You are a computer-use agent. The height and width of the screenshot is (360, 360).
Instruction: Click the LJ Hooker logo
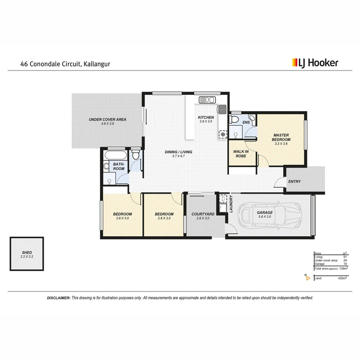click(x=315, y=63)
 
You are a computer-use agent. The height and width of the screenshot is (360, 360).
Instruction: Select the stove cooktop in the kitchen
click(x=222, y=108)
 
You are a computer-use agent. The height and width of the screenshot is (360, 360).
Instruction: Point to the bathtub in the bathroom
click(x=115, y=155)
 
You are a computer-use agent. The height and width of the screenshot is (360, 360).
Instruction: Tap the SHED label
click(x=27, y=253)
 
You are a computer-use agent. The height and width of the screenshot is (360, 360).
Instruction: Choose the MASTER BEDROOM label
click(x=281, y=137)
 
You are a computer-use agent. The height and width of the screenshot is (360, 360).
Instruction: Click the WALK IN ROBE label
click(x=241, y=154)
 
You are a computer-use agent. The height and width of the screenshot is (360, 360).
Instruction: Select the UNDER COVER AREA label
click(x=107, y=119)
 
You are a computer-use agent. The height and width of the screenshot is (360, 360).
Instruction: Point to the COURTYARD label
click(x=203, y=214)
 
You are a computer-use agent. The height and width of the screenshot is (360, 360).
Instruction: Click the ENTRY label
click(x=294, y=182)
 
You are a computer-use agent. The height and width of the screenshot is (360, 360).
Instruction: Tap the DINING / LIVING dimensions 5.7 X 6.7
click(x=178, y=156)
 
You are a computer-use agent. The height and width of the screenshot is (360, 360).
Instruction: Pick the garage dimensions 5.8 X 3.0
click(x=265, y=216)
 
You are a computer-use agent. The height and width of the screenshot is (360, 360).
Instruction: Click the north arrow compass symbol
click(x=307, y=277)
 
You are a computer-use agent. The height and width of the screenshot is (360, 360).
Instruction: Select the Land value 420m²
click(x=342, y=278)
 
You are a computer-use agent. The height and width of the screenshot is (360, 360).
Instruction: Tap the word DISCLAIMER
click(x=59, y=298)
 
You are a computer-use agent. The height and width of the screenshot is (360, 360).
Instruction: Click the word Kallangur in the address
click(x=97, y=64)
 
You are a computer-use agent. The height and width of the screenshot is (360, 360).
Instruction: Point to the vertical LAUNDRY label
click(x=230, y=203)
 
